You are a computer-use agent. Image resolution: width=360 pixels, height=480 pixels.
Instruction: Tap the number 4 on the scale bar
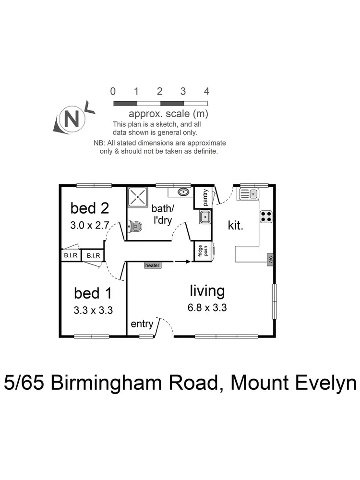[x=206, y=91]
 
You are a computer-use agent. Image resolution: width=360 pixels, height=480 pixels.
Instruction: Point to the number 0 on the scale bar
[x=113, y=91]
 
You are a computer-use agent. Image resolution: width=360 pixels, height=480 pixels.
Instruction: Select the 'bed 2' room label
[x=90, y=208]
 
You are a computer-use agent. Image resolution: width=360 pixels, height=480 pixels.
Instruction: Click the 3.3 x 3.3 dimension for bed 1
[x=93, y=310]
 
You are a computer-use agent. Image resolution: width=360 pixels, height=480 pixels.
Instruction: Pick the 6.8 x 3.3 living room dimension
[x=207, y=308]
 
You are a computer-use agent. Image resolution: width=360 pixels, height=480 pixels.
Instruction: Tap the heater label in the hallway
[x=152, y=265]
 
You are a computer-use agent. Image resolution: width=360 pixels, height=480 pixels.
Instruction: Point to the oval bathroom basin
[x=183, y=192]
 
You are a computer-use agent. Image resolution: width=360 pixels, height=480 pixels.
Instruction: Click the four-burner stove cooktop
[x=266, y=216]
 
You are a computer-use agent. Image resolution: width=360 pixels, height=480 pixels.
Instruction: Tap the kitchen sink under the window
[x=250, y=194]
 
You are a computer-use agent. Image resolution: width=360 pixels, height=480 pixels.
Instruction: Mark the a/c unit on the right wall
[x=271, y=260]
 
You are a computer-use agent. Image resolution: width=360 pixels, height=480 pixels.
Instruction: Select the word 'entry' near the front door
[x=142, y=324]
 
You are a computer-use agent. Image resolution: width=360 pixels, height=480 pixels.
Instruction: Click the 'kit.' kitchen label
[x=236, y=225]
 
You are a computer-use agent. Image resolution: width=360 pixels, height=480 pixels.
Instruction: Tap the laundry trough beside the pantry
[x=205, y=217]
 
